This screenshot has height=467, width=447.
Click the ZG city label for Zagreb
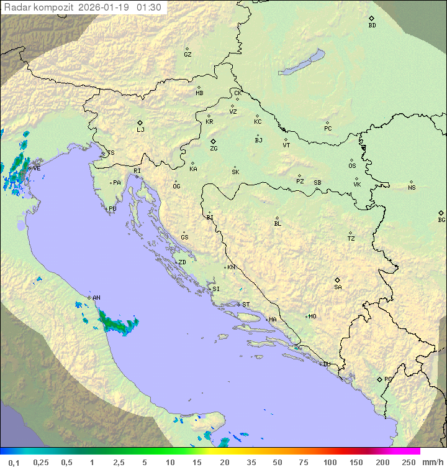(x=214, y=149)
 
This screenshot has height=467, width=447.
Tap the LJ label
(x=140, y=130)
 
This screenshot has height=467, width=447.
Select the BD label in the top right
(x=372, y=25)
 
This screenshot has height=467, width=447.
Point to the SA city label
(x=338, y=287)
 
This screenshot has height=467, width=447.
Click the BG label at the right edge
(x=441, y=220)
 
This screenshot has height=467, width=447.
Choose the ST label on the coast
(x=246, y=305)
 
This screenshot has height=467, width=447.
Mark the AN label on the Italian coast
(x=96, y=298)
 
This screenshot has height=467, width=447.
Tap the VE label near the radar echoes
(x=37, y=169)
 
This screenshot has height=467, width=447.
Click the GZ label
(x=187, y=55)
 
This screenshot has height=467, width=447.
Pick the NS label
(x=412, y=188)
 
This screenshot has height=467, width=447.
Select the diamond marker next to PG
(x=379, y=379)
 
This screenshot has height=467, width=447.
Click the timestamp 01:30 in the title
(x=149, y=7)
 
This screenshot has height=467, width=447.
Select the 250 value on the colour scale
(x=408, y=462)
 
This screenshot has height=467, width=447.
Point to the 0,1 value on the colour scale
(x=14, y=462)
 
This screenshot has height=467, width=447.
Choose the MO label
(x=312, y=317)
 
